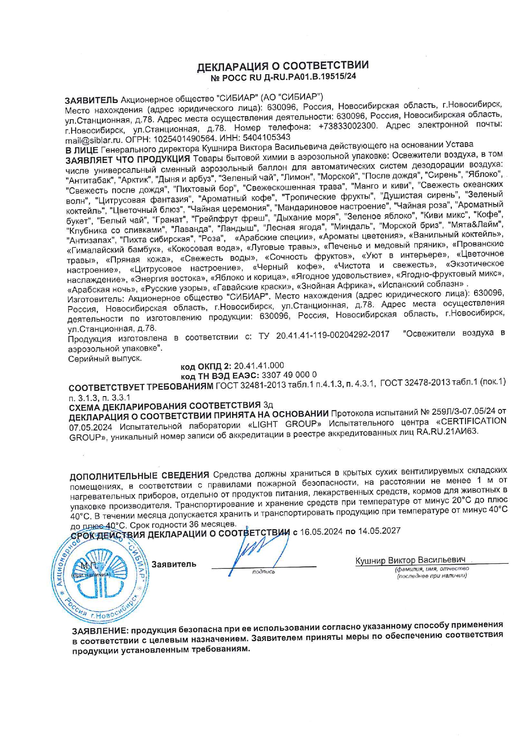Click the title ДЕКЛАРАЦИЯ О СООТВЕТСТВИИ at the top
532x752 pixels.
[282, 66]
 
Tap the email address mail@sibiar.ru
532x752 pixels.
[94, 140]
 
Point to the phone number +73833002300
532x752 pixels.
[348, 126]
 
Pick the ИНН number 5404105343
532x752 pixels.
[267, 137]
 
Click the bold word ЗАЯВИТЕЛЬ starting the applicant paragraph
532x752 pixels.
[91, 100]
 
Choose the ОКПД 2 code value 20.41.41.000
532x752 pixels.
[259, 366]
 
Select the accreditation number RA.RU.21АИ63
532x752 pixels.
[446, 432]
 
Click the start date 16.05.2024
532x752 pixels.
[321, 532]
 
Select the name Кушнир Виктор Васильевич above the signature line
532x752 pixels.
[410, 560]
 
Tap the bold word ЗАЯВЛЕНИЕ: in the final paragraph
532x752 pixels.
[100, 632]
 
